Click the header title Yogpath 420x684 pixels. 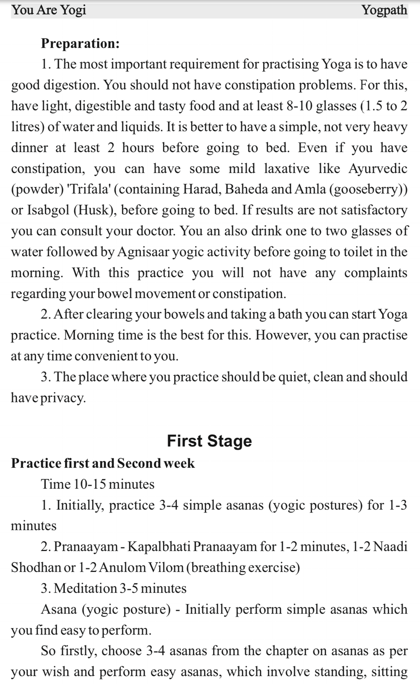[384, 10]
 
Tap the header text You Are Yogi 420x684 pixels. [49, 10]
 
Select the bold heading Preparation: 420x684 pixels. [80, 43]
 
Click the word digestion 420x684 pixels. [71, 85]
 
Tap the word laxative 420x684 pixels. [287, 169]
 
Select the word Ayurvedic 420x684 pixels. [378, 169]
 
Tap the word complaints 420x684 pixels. [376, 273]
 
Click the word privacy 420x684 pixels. [63, 398]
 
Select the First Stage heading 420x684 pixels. [209, 441]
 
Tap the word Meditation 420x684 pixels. [85, 588]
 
